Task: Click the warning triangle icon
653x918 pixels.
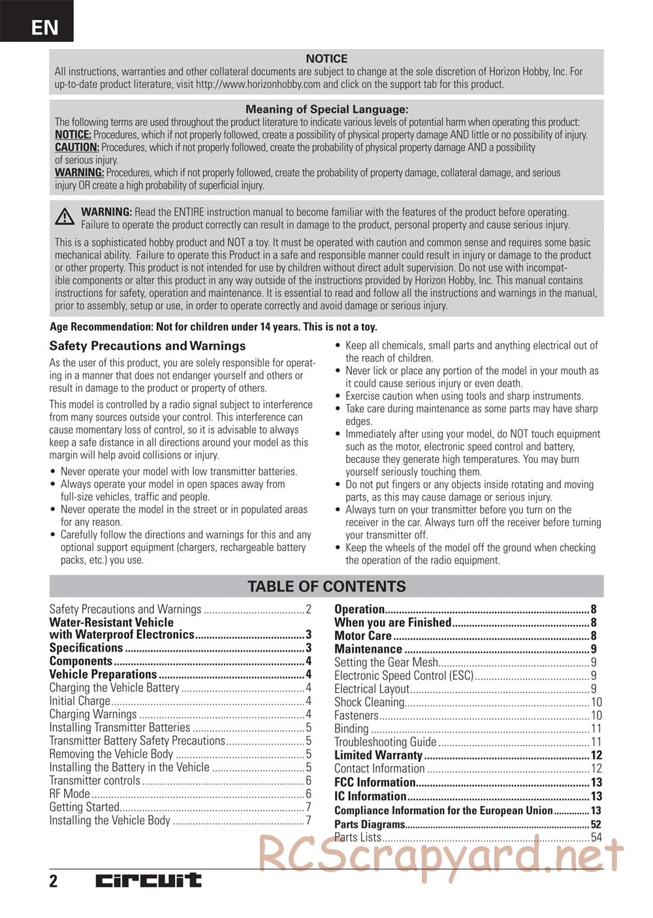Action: (x=64, y=217)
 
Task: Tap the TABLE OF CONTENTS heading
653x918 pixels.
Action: (x=326, y=586)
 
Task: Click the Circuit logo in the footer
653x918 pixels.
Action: (x=149, y=881)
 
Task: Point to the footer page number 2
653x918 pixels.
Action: (x=54, y=881)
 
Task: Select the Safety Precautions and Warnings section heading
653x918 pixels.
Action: (x=148, y=346)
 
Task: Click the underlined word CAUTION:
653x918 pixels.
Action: (x=77, y=148)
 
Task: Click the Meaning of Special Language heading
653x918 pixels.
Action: (x=326, y=110)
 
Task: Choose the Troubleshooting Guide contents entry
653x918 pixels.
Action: (x=385, y=742)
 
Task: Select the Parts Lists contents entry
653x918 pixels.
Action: (x=358, y=837)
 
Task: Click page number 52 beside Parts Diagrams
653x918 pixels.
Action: (x=596, y=824)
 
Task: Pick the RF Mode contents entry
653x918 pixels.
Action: (x=70, y=794)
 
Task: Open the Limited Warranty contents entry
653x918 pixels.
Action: (x=379, y=755)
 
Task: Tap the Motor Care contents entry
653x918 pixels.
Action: (x=363, y=636)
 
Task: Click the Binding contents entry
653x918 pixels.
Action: (x=351, y=729)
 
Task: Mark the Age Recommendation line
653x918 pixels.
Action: (x=214, y=327)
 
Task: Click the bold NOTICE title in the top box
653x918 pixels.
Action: (x=326, y=59)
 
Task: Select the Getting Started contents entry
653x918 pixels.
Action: (x=84, y=807)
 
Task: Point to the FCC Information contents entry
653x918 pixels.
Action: (x=375, y=782)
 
